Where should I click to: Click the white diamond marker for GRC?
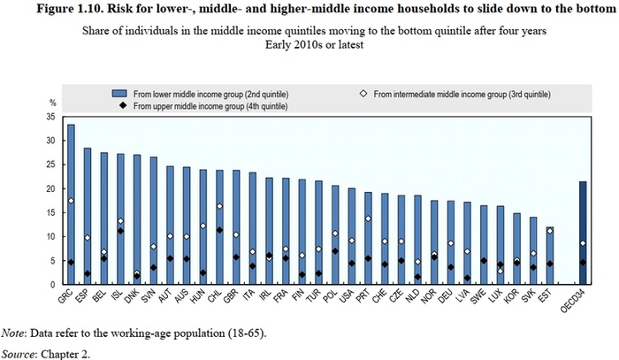click(71, 201)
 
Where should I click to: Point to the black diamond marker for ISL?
click(120, 231)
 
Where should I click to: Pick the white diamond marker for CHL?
click(218, 206)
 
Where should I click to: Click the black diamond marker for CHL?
click(218, 230)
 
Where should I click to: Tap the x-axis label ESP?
click(85, 295)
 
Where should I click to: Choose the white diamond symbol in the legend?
click(365, 93)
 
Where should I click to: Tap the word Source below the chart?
click(19, 352)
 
